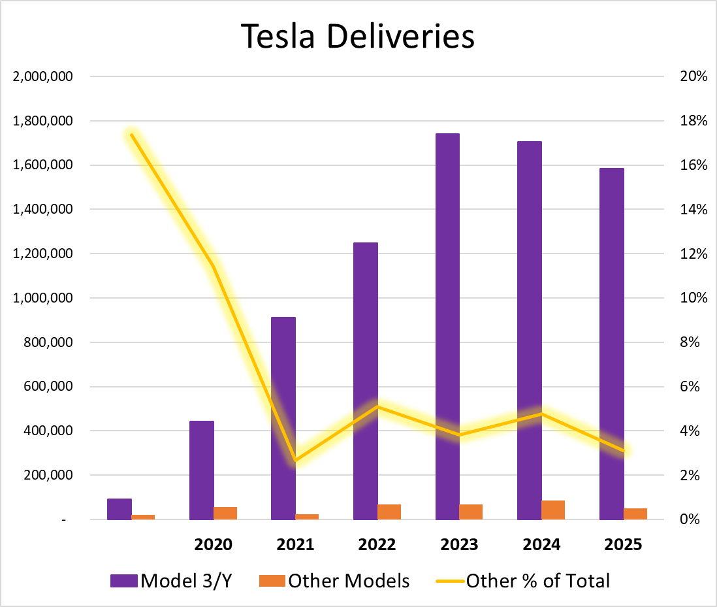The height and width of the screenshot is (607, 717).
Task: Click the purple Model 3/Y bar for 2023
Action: click(x=447, y=327)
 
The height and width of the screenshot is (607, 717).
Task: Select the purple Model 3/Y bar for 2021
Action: click(x=283, y=418)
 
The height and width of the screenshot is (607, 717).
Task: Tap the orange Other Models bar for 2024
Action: click(x=553, y=510)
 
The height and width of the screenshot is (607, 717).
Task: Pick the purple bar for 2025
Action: click(x=611, y=344)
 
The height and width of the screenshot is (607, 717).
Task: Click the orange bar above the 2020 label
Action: click(x=225, y=513)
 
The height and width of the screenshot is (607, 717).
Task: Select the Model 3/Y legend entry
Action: click(x=171, y=580)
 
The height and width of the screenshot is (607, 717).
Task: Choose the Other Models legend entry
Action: click(x=334, y=580)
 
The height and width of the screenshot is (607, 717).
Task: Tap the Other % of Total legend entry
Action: click(x=528, y=580)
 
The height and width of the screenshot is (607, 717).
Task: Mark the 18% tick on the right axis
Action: click(x=693, y=121)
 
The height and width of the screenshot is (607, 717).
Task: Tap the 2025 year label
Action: click(x=623, y=544)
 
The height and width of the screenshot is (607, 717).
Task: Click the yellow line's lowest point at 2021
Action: click(x=295, y=461)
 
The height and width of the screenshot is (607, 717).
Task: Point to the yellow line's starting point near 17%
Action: click(x=132, y=135)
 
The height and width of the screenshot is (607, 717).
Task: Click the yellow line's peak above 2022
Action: click(x=377, y=406)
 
